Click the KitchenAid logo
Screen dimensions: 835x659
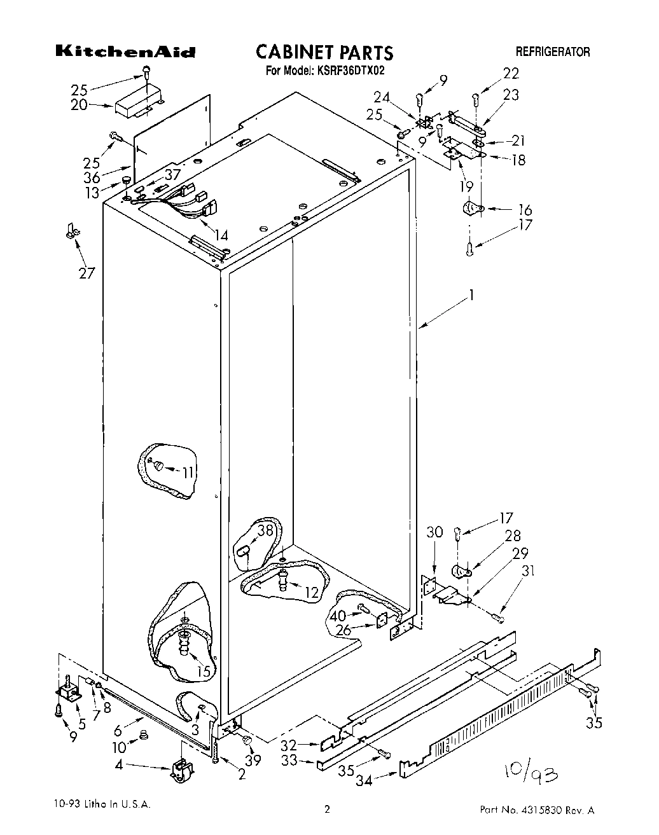click(x=125, y=52)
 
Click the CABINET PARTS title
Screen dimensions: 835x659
click(x=324, y=52)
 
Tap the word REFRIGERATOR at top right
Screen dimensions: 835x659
click(x=552, y=52)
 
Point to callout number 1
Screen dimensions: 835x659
click(x=471, y=295)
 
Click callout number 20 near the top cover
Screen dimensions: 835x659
click(x=80, y=105)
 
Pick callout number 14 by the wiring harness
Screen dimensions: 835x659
click(x=220, y=236)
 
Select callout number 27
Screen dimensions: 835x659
click(x=87, y=273)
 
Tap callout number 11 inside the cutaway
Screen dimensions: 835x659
click(x=188, y=472)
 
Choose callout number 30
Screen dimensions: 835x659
click(x=434, y=532)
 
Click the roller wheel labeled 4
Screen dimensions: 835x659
click(x=180, y=770)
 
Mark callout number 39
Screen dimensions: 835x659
click(x=253, y=761)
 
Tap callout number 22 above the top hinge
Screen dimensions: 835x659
click(x=511, y=74)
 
